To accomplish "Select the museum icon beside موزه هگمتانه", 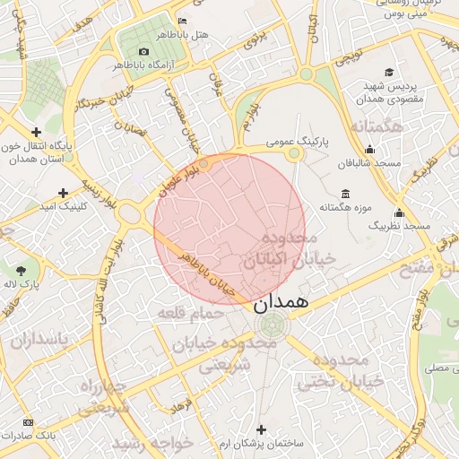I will [346, 194].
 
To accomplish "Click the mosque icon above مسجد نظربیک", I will [399, 212].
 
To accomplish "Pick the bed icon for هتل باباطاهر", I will [183, 21].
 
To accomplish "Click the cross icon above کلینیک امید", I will [63, 193].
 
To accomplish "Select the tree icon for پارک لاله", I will [21, 268].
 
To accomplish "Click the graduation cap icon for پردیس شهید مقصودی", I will [388, 73].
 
